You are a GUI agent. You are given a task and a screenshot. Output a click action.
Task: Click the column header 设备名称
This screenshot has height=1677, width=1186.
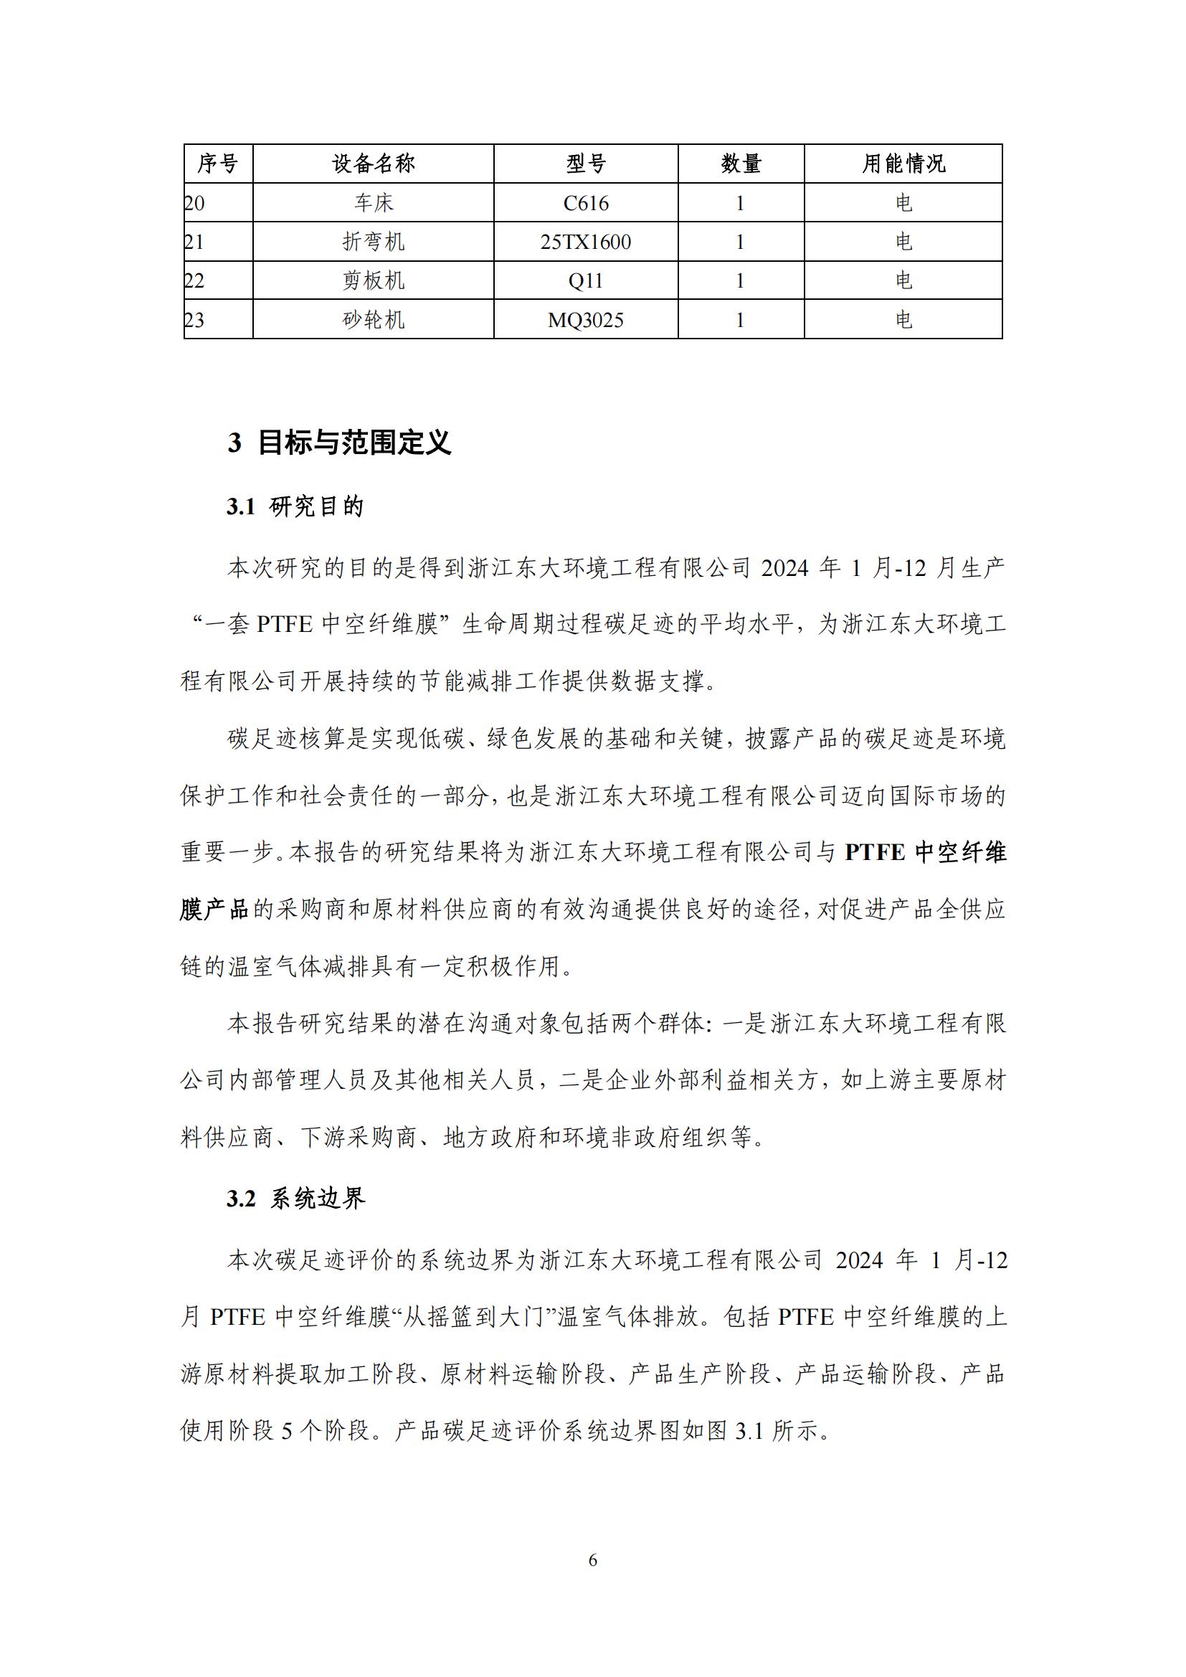coord(373,163)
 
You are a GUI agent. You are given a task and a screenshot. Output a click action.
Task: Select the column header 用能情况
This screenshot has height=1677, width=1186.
coord(903,163)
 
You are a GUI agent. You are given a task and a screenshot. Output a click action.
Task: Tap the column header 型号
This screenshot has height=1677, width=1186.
coord(586,163)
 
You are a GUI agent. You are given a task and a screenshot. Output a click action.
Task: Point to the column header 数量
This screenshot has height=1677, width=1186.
coord(741,163)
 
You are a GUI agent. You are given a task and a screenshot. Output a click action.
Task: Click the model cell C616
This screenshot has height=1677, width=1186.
coord(586,203)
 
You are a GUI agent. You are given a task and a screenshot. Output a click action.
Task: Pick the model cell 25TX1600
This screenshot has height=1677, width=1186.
coord(586,242)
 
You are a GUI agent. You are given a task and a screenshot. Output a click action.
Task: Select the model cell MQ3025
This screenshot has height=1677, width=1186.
coord(586,320)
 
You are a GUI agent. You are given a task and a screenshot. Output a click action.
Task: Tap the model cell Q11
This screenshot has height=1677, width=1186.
coord(586,280)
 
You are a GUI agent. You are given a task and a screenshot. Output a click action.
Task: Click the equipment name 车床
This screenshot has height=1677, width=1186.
coord(373,203)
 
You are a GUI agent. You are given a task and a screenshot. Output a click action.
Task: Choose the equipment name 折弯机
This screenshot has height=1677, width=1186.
coord(373,242)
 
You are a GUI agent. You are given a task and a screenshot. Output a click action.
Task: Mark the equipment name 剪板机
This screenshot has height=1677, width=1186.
coord(373,280)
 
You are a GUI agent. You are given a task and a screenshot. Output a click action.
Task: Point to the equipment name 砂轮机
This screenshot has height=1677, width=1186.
coord(373,320)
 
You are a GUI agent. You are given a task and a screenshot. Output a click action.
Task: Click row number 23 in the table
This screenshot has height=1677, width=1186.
coord(195,320)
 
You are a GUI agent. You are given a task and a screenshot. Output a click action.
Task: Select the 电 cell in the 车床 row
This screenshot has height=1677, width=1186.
coord(903,203)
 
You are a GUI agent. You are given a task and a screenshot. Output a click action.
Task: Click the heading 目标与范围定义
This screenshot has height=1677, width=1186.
coord(354,443)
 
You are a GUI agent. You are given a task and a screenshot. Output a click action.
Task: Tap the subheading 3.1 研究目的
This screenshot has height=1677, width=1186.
coord(295,506)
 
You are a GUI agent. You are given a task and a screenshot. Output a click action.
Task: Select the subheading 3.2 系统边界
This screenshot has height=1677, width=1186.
coord(295,1198)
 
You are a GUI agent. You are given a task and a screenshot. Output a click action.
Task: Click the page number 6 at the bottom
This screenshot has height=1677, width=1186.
coord(592,1560)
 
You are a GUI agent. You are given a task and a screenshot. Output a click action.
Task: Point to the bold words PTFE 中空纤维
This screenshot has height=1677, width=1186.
coord(925,852)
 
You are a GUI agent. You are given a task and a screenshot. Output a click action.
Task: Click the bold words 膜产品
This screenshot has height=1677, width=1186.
coord(214,910)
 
